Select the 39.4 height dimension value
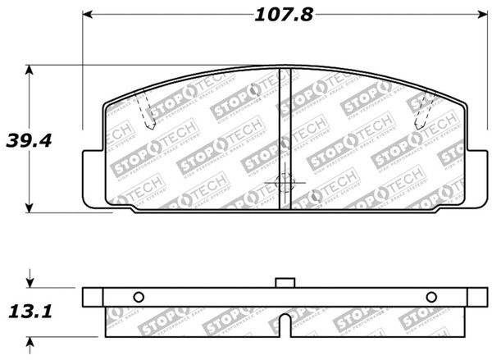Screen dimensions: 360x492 click(x=30, y=140)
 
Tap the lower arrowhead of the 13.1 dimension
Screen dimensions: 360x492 click(x=30, y=343)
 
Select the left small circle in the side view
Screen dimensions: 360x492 click(x=138, y=297)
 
